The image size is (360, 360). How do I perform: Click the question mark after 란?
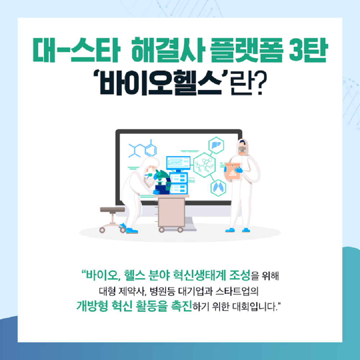pos(260,83)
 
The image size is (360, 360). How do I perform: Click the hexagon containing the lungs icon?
pos(218,187)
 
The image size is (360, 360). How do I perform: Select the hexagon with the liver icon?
pos(216,145)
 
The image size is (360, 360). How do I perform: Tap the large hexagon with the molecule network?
pos(204,165)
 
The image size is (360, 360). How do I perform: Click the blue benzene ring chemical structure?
pos(151,150)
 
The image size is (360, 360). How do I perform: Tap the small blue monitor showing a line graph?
pos(179,163)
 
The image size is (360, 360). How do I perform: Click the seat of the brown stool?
pos(112,210)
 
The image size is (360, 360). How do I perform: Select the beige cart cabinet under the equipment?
pos(171,212)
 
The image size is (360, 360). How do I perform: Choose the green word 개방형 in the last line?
pos(92,306)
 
